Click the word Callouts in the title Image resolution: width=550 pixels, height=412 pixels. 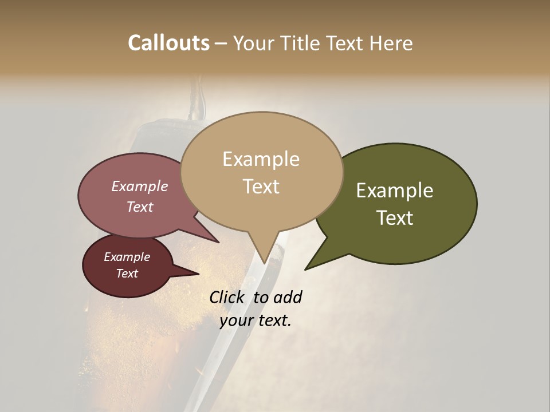point(169,43)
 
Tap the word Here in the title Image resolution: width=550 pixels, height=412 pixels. point(390,43)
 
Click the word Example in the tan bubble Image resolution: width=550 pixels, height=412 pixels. point(261,159)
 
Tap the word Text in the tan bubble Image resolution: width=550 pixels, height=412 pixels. point(261,187)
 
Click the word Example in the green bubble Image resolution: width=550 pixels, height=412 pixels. point(395,191)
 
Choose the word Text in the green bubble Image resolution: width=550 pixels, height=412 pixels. point(395,218)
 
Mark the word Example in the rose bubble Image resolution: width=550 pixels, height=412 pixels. point(140,187)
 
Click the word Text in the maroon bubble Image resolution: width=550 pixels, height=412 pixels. point(127,274)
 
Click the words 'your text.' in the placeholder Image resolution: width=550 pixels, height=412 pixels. point(256,320)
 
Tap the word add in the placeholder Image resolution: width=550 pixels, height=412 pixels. point(288,297)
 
